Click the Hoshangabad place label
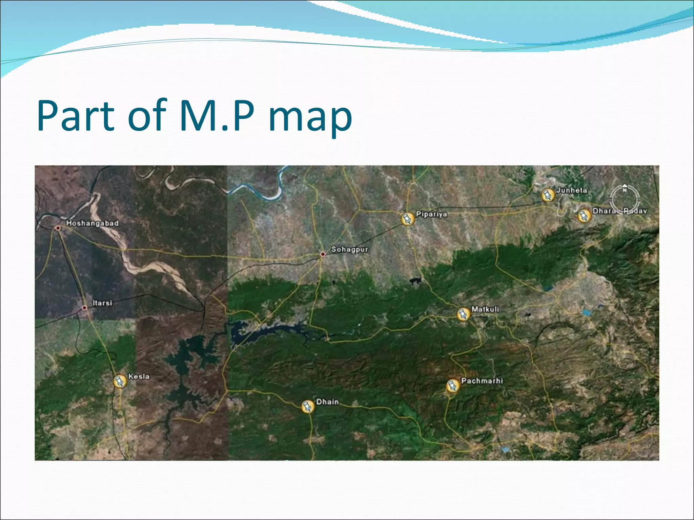coord(92,223)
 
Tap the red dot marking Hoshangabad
coord(58,228)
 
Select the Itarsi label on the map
coord(102,303)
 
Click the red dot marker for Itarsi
coord(85,308)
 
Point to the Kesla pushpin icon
coord(120,381)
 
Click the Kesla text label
coord(139,376)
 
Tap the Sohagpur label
coord(349,250)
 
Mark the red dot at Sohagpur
coord(323,254)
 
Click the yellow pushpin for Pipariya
coord(407,219)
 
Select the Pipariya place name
coord(431,214)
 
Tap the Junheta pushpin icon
coord(548,195)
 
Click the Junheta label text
coord(572,190)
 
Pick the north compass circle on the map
coord(625,198)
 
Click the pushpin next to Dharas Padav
coord(584,215)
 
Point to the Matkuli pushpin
coord(463,314)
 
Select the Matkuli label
coord(485,309)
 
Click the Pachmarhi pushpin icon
coord(452,386)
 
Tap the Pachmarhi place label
coord(482,381)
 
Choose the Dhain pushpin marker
coord(307,406)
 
